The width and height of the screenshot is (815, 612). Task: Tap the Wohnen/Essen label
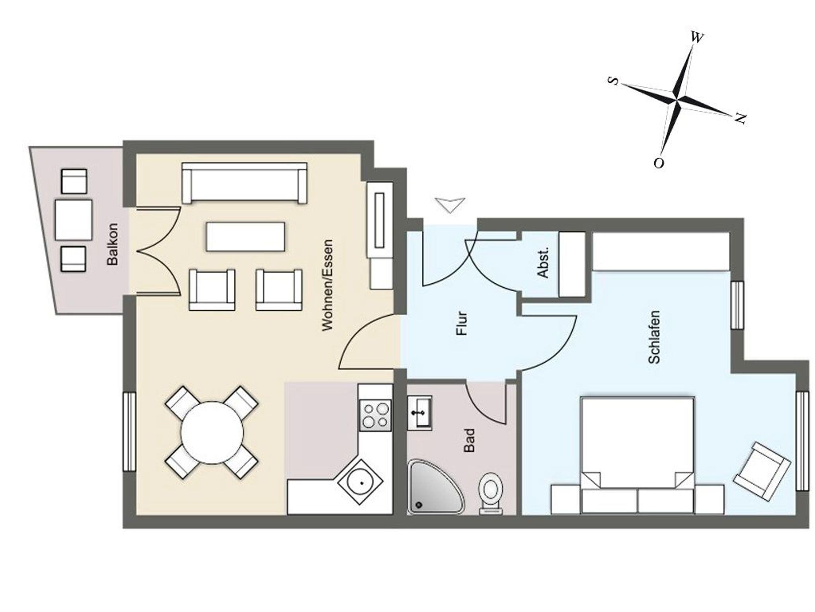(327, 285)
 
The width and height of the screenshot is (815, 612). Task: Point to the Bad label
(470, 440)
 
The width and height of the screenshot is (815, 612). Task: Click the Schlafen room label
(654, 337)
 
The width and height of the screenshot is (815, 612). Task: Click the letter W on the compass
(696, 37)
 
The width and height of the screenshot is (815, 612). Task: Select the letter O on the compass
(659, 163)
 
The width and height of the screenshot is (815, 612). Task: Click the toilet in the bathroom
(491, 493)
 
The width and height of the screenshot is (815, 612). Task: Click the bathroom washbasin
(419, 413)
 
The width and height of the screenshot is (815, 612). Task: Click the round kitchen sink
(361, 483)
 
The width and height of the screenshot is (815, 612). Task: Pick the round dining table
(212, 433)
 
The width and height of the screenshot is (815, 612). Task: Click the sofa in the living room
(244, 183)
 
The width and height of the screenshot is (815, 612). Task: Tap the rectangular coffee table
(246, 237)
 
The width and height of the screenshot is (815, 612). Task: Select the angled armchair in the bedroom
(762, 471)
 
